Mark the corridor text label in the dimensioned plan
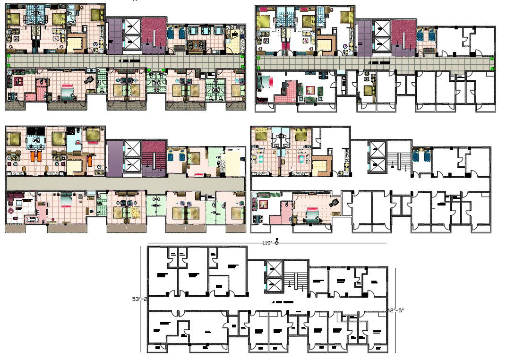(283, 301)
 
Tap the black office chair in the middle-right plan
(335, 202)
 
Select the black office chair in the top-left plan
(88, 80)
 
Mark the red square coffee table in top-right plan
(310, 89)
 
